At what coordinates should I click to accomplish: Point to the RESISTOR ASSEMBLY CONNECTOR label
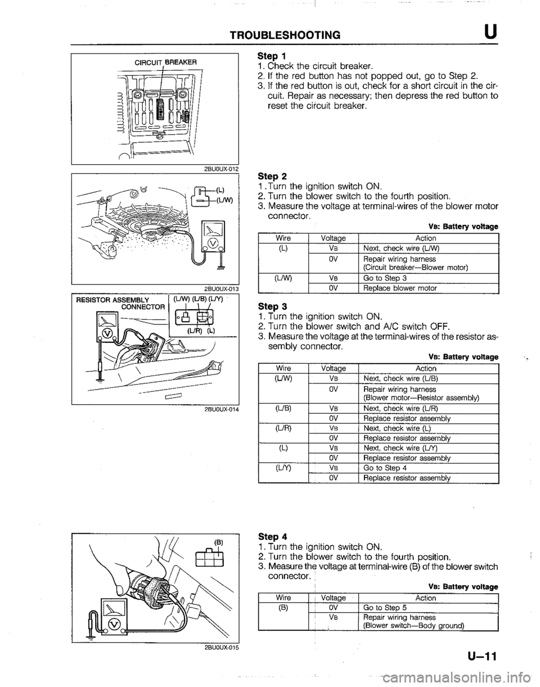tap(114, 304)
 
